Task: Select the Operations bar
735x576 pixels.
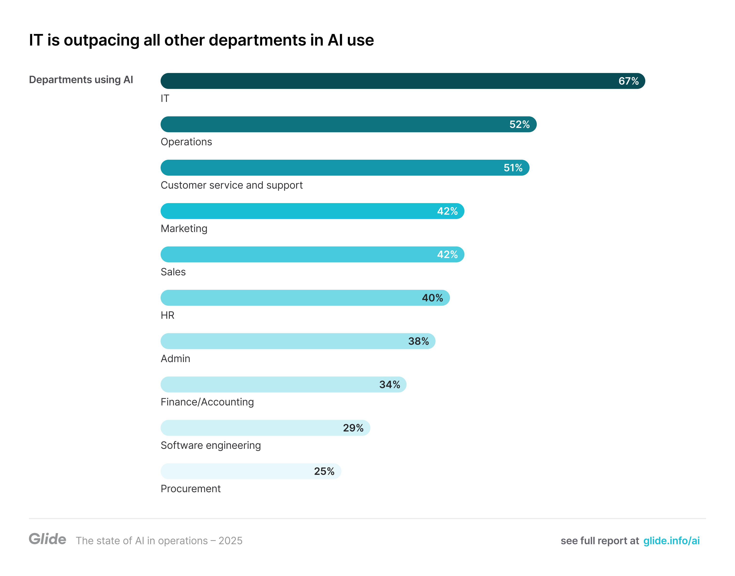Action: tap(338, 125)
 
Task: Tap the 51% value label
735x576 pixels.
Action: tap(513, 168)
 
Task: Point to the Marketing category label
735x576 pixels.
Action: tap(184, 229)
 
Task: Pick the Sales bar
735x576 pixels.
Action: tap(304, 255)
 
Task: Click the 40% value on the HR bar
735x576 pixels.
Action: tap(432, 298)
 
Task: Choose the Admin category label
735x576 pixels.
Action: tap(175, 358)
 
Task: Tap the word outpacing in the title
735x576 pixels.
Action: tap(101, 40)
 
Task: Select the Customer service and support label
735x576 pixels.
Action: tap(231, 185)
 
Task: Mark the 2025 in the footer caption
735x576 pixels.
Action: tap(230, 541)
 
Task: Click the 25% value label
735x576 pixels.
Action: tap(324, 471)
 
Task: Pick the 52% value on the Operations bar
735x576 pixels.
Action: tap(519, 125)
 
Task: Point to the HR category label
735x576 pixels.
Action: tap(167, 315)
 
